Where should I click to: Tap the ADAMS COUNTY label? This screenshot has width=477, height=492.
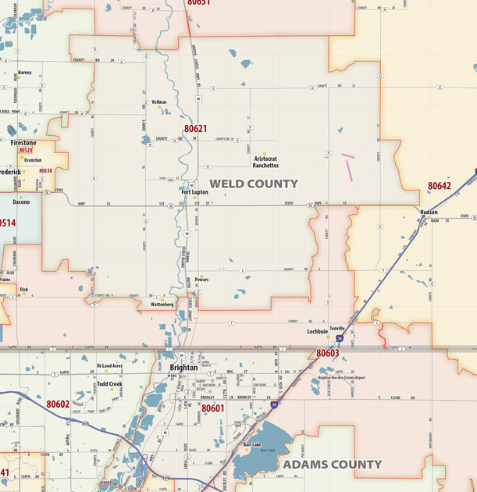pyautogui.click(x=333, y=464)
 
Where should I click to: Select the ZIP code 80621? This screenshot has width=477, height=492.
pyautogui.click(x=196, y=128)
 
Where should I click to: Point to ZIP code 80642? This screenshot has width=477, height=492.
pyautogui.click(x=439, y=186)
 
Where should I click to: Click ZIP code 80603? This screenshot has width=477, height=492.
pyautogui.click(x=327, y=353)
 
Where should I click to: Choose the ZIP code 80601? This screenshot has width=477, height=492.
pyautogui.click(x=212, y=408)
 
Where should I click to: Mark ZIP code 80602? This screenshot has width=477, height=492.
pyautogui.click(x=58, y=404)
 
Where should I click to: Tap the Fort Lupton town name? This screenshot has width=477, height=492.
pyautogui.click(x=194, y=191)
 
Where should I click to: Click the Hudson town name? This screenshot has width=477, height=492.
pyautogui.click(x=429, y=212)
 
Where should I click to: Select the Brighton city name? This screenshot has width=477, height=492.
pyautogui.click(x=183, y=367)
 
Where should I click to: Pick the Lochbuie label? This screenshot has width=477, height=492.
pyautogui.click(x=318, y=331)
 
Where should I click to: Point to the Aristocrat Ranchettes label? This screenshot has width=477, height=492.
pyautogui.click(x=265, y=162)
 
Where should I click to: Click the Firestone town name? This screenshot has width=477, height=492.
pyautogui.click(x=23, y=143)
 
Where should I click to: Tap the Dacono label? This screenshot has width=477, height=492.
pyautogui.click(x=21, y=201)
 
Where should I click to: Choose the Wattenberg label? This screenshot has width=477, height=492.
pyautogui.click(x=162, y=305)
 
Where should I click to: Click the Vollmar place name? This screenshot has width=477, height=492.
pyautogui.click(x=159, y=102)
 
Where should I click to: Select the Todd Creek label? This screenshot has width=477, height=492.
pyautogui.click(x=110, y=384)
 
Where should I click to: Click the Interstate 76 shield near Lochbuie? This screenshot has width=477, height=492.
pyautogui.click(x=340, y=338)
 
